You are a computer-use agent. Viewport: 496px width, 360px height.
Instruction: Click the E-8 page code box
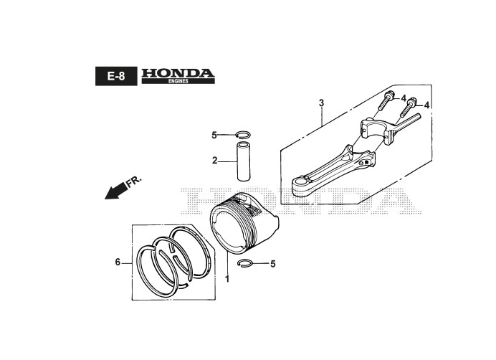tap(114, 76)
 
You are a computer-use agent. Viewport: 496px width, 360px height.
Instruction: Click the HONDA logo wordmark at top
tap(178, 73)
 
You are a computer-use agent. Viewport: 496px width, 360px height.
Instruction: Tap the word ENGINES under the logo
tap(178, 82)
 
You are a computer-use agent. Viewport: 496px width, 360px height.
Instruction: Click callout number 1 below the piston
tap(227, 278)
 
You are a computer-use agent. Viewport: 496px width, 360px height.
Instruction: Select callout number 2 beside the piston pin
tap(214, 161)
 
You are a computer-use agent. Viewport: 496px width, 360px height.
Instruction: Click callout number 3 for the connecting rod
tap(321, 103)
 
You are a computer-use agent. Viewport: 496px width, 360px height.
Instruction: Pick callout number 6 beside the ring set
tap(118, 262)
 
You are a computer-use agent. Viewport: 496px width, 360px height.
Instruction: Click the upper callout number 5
tap(214, 135)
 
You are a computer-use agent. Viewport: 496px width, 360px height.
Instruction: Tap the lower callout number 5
tap(272, 264)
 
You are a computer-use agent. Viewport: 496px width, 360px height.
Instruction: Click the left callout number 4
tap(404, 98)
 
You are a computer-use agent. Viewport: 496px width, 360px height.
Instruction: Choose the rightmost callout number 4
tap(427, 105)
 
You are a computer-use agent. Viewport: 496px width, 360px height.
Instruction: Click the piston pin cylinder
tap(244, 163)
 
